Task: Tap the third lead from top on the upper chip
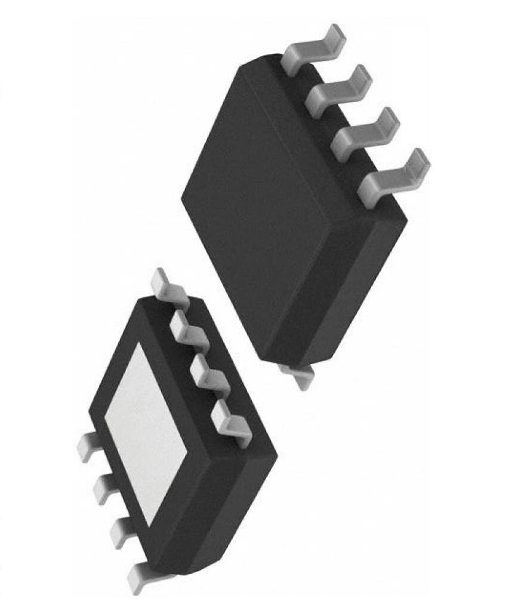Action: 366,132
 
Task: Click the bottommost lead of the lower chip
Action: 143,576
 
